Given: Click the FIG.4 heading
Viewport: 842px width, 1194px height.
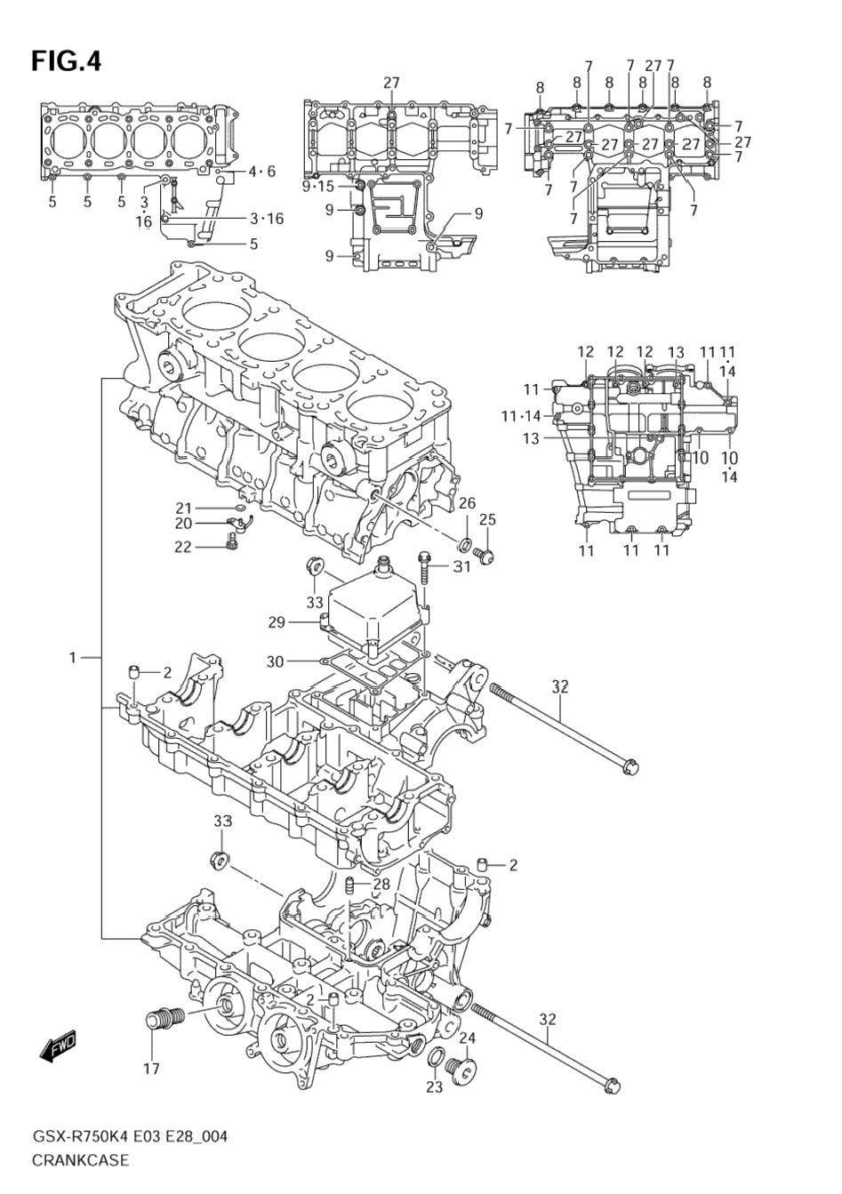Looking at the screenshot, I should (x=67, y=61).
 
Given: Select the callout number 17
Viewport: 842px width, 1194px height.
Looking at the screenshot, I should (x=152, y=1068).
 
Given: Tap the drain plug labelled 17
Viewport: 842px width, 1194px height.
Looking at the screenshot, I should (x=162, y=1020).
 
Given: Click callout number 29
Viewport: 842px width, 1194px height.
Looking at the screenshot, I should (x=277, y=622).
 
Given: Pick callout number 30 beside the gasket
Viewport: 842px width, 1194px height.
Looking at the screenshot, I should (x=277, y=661).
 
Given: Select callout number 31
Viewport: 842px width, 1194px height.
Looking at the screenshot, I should (x=461, y=566).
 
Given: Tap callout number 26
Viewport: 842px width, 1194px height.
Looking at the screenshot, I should (x=467, y=503).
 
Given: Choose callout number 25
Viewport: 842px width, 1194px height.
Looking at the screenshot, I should (x=488, y=520).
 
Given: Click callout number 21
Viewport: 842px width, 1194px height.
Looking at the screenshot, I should (x=184, y=509).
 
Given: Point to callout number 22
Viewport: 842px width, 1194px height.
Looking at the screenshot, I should (x=183, y=547).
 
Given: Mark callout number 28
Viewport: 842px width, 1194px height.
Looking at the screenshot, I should (x=381, y=884).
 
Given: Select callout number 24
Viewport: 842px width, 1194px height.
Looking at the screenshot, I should (x=468, y=1038).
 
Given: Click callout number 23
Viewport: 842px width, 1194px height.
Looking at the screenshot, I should (x=433, y=1086).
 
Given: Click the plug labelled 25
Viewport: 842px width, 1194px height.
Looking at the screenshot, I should (x=485, y=555).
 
